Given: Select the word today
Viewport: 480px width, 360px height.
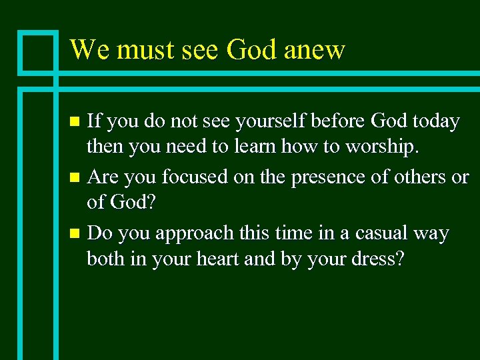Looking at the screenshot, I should click(x=435, y=121).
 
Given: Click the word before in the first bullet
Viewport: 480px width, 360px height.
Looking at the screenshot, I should click(x=339, y=121).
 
